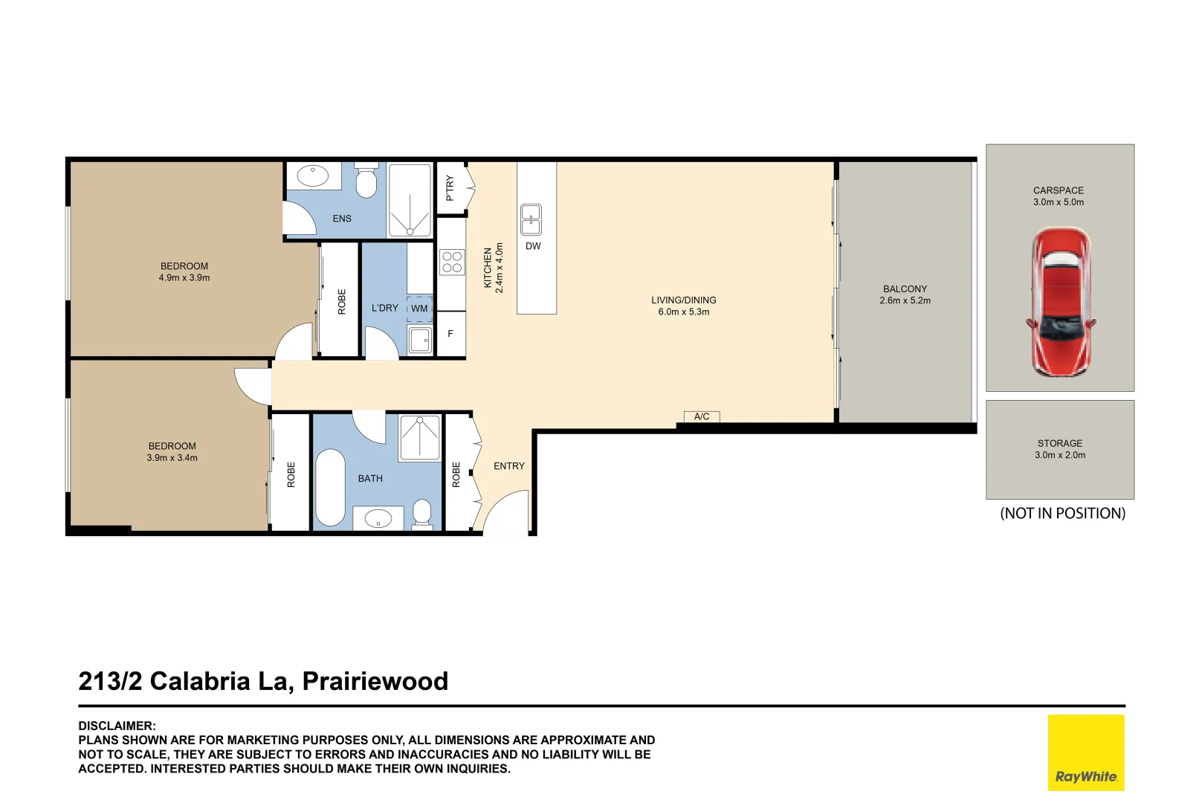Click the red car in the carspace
[1060, 303]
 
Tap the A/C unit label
[702, 416]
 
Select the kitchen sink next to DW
[531, 220]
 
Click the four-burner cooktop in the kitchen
[452, 262]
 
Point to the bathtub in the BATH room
[330, 488]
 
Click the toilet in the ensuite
[366, 181]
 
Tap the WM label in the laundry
[419, 309]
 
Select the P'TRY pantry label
[450, 187]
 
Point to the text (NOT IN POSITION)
[1062, 513]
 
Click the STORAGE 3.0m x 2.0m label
[1060, 449]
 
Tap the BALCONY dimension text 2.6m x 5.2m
[905, 301]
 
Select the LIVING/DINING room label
[684, 300]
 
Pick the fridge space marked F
[450, 335]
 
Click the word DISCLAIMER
[117, 726]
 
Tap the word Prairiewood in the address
[375, 681]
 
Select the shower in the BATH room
[420, 439]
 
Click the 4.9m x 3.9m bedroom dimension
[184, 278]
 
